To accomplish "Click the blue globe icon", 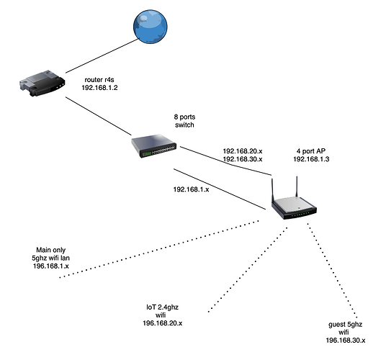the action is click(x=151, y=27).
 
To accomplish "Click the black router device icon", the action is click(x=42, y=83).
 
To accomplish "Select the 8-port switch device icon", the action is click(x=154, y=145).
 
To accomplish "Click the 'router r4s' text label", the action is click(x=99, y=80).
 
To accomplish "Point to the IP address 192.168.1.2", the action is click(x=99, y=88).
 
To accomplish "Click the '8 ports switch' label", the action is click(x=184, y=121).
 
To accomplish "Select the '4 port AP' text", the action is click(x=311, y=151).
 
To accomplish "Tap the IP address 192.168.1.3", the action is click(x=311, y=159).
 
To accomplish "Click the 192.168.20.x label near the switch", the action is click(x=243, y=151).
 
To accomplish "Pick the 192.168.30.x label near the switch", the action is click(x=243, y=159).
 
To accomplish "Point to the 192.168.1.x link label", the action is click(x=191, y=189).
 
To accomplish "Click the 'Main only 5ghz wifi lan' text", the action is click(x=50, y=254).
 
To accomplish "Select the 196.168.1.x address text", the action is click(x=51, y=266).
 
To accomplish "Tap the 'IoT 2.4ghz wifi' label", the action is click(x=162, y=311).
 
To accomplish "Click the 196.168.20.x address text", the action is click(x=163, y=323).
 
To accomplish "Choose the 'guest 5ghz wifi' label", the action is click(x=345, y=328).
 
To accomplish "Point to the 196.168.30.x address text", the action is click(x=346, y=341).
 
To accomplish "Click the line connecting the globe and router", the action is click(x=102, y=56).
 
